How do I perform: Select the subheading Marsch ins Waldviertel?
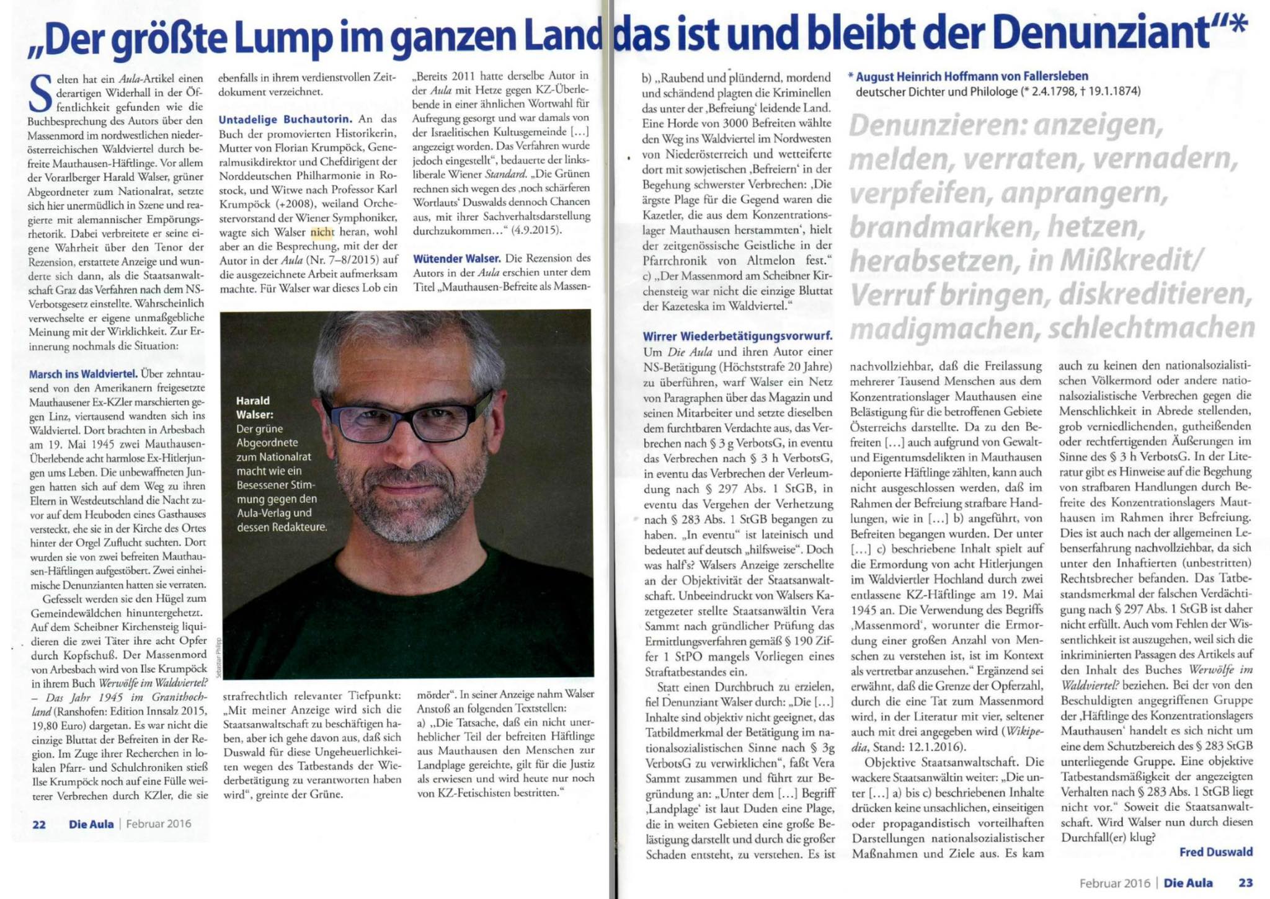coord(83,374)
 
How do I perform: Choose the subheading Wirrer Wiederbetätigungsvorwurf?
coord(737,337)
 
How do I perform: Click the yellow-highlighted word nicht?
coord(322,233)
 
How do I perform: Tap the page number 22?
coord(38,824)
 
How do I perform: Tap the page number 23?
coord(1245,882)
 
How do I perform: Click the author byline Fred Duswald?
coord(1215,852)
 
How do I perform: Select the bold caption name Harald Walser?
coord(255,407)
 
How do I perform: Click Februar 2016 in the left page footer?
coord(159,824)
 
